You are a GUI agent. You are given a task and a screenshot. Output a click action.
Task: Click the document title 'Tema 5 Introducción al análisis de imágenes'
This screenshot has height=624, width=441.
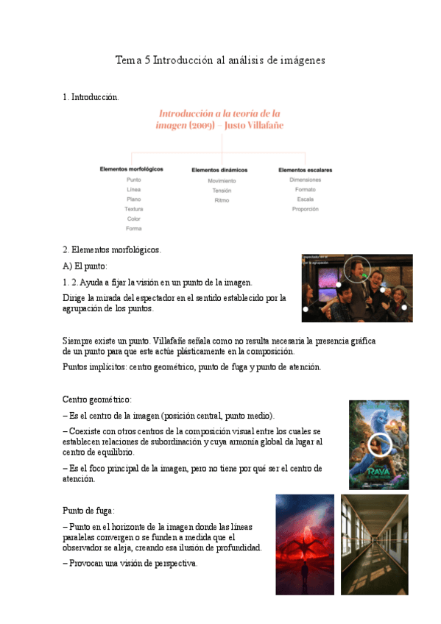[220, 60]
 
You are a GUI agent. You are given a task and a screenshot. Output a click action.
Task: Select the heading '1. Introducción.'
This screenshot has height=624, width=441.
[91, 97]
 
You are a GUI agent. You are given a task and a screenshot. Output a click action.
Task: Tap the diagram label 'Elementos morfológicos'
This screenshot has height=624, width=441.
[132, 169]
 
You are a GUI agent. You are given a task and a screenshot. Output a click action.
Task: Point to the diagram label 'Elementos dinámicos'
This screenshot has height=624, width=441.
[219, 170]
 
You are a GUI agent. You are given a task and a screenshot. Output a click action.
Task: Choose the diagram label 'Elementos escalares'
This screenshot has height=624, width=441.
[305, 170]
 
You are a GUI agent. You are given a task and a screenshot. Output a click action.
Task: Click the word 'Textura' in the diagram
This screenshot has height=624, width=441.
[133, 209]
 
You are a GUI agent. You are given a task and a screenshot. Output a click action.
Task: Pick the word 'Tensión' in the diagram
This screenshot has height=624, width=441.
[222, 191]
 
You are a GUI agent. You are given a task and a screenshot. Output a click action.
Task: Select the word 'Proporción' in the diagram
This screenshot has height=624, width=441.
[305, 209]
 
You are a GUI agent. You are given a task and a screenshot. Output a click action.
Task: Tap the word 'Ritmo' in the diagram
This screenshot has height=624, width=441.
[222, 200]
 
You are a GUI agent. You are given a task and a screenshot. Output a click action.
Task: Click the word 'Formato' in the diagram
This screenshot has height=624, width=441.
[305, 190]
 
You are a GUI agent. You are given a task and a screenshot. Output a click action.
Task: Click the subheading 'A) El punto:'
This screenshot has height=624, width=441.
[85, 266]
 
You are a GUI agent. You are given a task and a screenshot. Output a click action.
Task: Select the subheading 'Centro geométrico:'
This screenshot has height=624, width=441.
[97, 400]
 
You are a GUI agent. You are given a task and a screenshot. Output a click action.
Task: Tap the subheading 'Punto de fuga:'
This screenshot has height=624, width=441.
[89, 511]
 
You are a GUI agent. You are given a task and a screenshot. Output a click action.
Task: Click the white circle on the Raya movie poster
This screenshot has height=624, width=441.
[380, 444]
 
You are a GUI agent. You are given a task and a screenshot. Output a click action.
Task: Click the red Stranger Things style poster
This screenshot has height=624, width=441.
[305, 545]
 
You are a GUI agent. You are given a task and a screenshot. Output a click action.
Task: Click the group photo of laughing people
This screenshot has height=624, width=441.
[357, 288]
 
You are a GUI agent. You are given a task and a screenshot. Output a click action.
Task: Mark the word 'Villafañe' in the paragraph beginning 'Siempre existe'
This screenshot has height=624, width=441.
[173, 341]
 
